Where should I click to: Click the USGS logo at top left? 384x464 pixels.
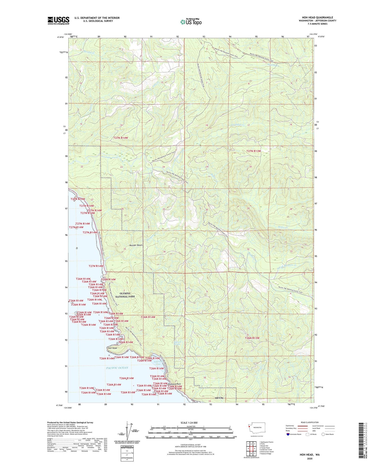58,20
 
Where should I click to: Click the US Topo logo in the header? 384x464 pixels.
191,22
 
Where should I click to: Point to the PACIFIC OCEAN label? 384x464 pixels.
117,368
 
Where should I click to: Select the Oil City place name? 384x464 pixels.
219,398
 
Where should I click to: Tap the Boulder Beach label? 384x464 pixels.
136,245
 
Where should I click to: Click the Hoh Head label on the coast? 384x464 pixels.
112,348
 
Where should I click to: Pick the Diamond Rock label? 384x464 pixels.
174,384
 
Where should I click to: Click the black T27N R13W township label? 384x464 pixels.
253,151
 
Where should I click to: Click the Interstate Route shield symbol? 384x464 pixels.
288,434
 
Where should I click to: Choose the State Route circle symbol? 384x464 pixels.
323,434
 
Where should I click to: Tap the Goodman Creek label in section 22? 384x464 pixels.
109,158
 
